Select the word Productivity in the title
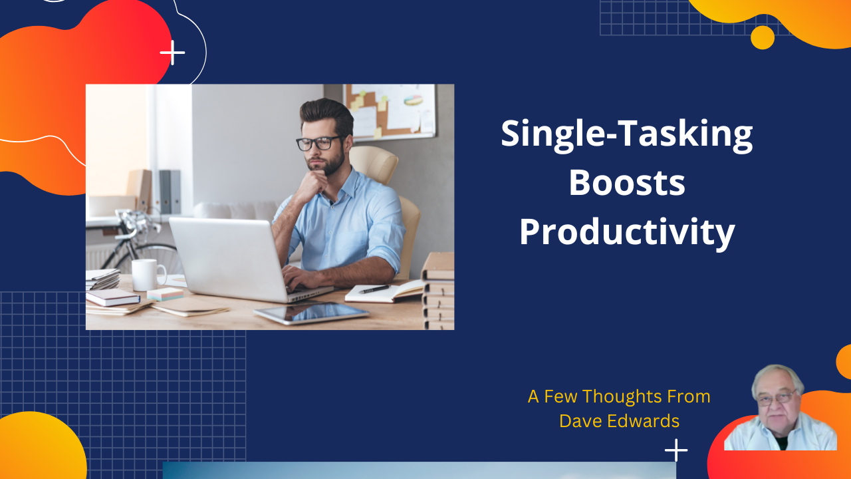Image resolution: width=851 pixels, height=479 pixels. tap(626, 233)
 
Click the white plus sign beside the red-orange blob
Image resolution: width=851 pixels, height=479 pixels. tap(172, 53)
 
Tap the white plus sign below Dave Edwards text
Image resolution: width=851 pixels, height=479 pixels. tap(675, 450)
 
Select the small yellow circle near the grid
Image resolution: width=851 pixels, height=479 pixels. tap(762, 37)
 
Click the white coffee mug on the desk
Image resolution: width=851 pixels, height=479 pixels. tap(148, 274)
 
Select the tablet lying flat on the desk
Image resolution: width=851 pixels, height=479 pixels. tap(311, 313)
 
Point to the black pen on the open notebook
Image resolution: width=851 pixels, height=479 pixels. tap(374, 289)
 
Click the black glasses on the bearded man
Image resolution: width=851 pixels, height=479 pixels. tap(319, 143)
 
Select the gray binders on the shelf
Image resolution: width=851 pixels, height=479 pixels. tap(170, 192)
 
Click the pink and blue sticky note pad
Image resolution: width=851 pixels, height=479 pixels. tap(165, 293)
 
